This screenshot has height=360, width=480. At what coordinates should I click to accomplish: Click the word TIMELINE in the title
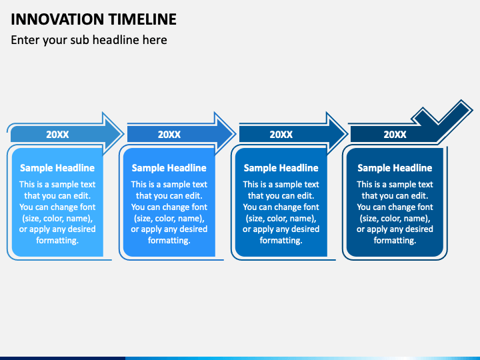tap(143, 19)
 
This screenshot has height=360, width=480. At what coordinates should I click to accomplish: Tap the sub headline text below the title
tap(89, 40)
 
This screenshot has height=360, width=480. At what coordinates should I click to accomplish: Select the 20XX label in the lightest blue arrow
tap(57, 135)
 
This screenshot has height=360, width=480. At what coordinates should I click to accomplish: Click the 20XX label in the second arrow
tap(169, 135)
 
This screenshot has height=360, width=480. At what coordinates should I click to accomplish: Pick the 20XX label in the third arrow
tap(281, 135)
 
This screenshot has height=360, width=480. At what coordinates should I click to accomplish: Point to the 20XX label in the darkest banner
tap(395, 135)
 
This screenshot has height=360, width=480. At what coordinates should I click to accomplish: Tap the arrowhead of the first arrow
tap(112, 134)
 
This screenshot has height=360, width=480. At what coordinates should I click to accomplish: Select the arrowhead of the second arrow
tap(224, 134)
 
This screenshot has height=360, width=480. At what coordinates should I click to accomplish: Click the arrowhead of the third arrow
tap(336, 134)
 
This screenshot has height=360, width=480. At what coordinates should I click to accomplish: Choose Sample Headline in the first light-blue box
tap(57, 168)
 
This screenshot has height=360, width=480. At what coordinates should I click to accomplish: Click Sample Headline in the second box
tap(169, 168)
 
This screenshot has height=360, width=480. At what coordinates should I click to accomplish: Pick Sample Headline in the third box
tap(281, 168)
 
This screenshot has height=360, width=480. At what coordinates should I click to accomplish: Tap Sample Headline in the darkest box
tap(395, 168)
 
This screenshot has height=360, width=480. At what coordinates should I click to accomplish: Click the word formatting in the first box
tap(57, 241)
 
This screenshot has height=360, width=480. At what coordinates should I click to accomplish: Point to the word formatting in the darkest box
tap(395, 241)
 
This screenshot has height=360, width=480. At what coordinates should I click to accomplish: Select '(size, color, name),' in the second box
tap(169, 218)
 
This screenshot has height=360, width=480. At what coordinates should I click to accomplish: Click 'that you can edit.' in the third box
tap(281, 195)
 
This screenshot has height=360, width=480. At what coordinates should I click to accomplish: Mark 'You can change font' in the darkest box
tap(395, 207)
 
